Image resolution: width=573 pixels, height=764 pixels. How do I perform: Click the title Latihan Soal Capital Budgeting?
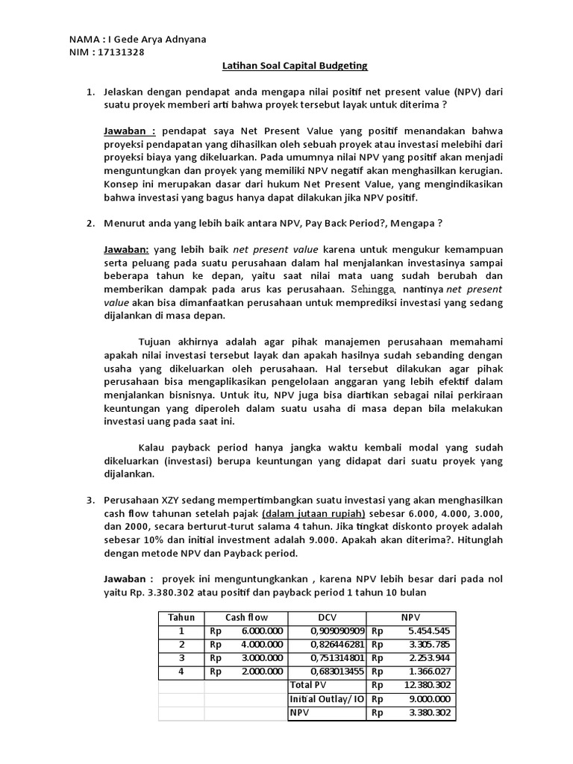click(295, 66)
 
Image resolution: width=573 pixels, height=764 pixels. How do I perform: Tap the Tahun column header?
click(181, 617)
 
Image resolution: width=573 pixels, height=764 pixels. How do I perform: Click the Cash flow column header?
click(246, 617)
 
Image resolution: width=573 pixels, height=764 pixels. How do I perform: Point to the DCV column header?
click(327, 617)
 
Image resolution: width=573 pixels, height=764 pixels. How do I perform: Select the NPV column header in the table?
click(410, 617)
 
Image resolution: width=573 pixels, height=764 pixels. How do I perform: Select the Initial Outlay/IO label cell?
click(327, 698)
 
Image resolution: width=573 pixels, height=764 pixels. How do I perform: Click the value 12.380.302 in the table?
click(425, 685)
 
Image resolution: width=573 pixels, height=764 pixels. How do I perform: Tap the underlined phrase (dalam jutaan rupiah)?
click(313, 513)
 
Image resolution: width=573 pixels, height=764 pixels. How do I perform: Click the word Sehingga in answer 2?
click(371, 289)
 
